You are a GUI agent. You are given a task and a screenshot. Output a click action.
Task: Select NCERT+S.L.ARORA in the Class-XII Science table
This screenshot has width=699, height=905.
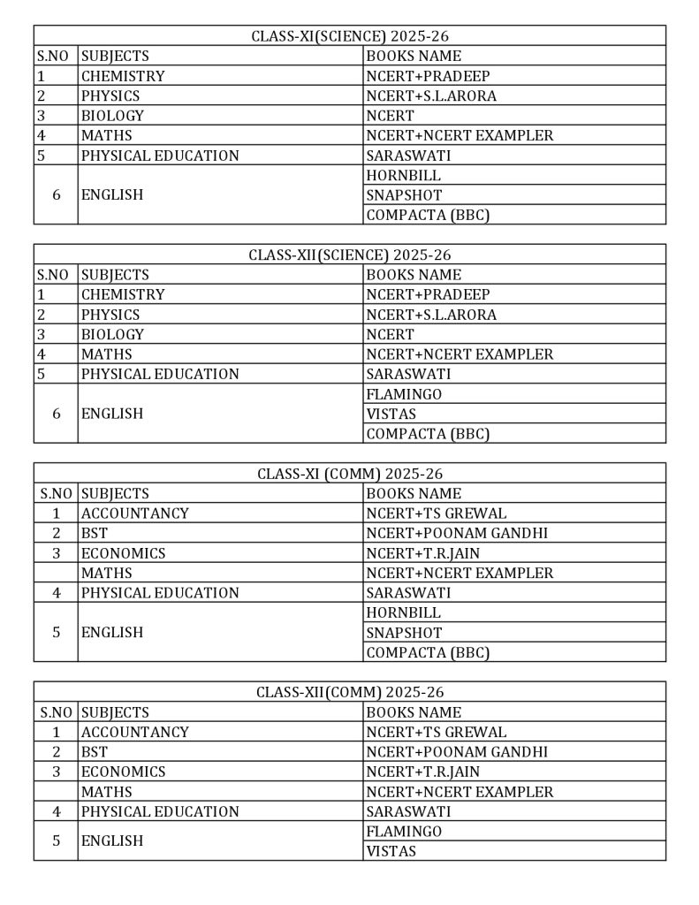(431, 315)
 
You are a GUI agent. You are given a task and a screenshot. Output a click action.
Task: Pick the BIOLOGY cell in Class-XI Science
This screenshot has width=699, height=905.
(112, 116)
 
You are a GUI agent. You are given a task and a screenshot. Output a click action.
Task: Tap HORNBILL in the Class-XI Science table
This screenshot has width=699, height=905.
(403, 175)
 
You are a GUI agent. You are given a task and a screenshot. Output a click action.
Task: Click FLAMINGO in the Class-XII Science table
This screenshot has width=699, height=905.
(404, 394)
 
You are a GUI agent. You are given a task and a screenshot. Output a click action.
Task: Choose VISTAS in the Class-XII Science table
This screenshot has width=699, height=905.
(391, 414)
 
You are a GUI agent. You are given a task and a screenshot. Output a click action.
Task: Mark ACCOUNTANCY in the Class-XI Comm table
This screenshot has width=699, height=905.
(135, 513)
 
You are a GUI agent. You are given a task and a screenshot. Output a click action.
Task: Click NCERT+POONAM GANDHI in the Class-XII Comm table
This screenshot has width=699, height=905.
(457, 752)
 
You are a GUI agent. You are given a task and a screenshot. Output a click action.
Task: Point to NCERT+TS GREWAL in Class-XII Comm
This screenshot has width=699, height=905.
(437, 732)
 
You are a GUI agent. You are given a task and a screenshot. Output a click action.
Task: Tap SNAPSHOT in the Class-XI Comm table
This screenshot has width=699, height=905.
(404, 633)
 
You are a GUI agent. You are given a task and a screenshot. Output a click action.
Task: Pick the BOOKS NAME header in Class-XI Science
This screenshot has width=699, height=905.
(414, 56)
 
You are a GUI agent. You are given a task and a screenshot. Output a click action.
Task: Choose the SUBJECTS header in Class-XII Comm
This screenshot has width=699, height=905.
(115, 712)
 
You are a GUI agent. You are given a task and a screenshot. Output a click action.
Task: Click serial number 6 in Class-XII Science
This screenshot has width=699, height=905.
(57, 414)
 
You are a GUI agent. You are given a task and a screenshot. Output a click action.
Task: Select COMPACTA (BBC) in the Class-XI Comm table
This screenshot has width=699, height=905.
(428, 652)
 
